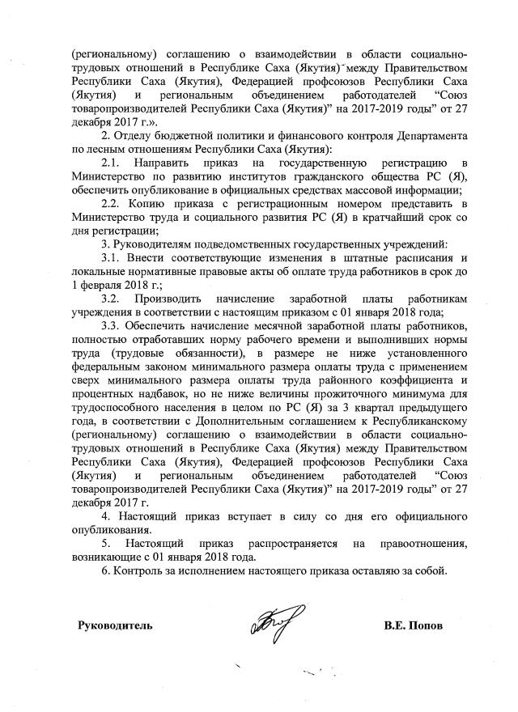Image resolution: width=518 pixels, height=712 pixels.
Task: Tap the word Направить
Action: click(171, 164)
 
